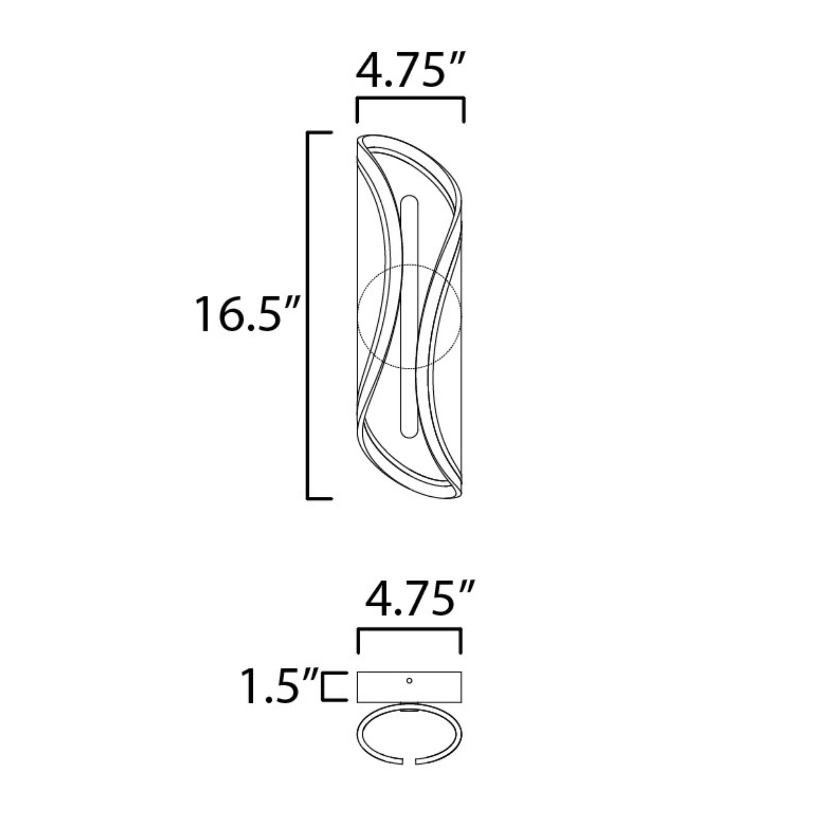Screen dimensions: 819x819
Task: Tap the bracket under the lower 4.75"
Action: click(410, 630)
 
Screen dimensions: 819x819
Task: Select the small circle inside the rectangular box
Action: click(409, 681)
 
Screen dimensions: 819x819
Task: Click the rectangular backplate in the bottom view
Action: click(409, 687)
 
